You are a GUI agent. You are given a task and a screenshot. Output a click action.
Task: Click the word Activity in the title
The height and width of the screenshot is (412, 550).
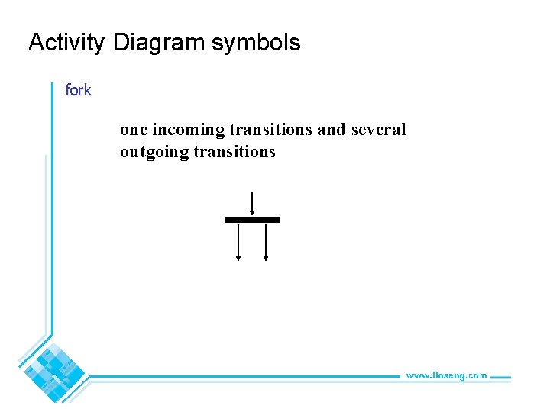[x=66, y=43]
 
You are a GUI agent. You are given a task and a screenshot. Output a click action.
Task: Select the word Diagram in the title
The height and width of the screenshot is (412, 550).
[x=159, y=43]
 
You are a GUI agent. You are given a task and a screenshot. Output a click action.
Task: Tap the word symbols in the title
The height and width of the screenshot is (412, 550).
[x=256, y=43]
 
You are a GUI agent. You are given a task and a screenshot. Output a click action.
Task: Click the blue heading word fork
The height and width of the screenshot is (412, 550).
[x=78, y=91]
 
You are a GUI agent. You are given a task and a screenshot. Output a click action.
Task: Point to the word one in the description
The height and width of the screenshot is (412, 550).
[x=134, y=130]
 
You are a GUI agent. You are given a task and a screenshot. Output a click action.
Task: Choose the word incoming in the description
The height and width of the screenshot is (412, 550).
[x=189, y=130]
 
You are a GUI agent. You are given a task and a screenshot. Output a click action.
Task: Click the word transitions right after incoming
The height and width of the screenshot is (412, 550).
[x=270, y=130]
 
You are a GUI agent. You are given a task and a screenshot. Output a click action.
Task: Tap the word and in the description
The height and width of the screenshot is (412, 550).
[x=332, y=130]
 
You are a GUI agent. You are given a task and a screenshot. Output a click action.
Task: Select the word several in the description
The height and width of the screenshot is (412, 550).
[x=378, y=130]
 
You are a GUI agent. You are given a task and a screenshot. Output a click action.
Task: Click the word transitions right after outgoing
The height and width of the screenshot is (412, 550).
[x=235, y=153]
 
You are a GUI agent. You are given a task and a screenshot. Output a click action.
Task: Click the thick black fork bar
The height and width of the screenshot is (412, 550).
[x=252, y=220]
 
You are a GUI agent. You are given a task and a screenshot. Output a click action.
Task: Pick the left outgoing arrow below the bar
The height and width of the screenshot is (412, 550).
[x=238, y=241]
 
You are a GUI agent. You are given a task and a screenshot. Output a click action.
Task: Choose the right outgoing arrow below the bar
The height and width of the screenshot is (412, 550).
[x=266, y=241]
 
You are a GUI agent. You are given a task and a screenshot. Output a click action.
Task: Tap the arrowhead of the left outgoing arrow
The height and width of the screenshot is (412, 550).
[x=238, y=259]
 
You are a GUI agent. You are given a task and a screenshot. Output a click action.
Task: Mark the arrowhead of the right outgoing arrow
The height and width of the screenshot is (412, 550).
[x=266, y=259]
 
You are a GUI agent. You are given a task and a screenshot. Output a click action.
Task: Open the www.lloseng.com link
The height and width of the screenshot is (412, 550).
[x=446, y=375]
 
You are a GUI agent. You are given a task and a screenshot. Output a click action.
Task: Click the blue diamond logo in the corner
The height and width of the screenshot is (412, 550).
[x=53, y=372]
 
